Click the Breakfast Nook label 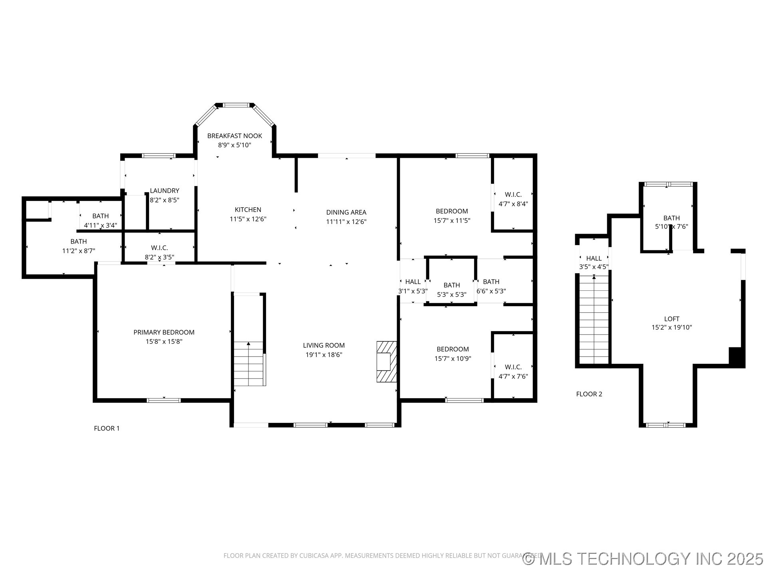pyautogui.click(x=234, y=136)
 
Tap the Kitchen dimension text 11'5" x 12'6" pyautogui.click(x=248, y=219)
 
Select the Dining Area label pyautogui.click(x=346, y=212)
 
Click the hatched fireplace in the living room pyautogui.click(x=386, y=361)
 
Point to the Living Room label pyautogui.click(x=324, y=345)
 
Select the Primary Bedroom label pyautogui.click(x=164, y=332)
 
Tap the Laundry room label pyautogui.click(x=164, y=191)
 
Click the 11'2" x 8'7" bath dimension pyautogui.click(x=78, y=251)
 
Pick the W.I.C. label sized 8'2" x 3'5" pyautogui.click(x=159, y=248)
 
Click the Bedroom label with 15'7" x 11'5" pyautogui.click(x=451, y=211)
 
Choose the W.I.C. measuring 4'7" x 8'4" pyautogui.click(x=513, y=194)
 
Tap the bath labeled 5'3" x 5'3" pyautogui.click(x=451, y=285)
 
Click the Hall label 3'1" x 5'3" pyautogui.click(x=413, y=282)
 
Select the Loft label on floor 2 pyautogui.click(x=672, y=319)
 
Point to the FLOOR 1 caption pyautogui.click(x=107, y=428)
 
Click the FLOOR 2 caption pyautogui.click(x=589, y=394)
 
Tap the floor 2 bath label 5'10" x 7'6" pyautogui.click(x=671, y=218)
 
